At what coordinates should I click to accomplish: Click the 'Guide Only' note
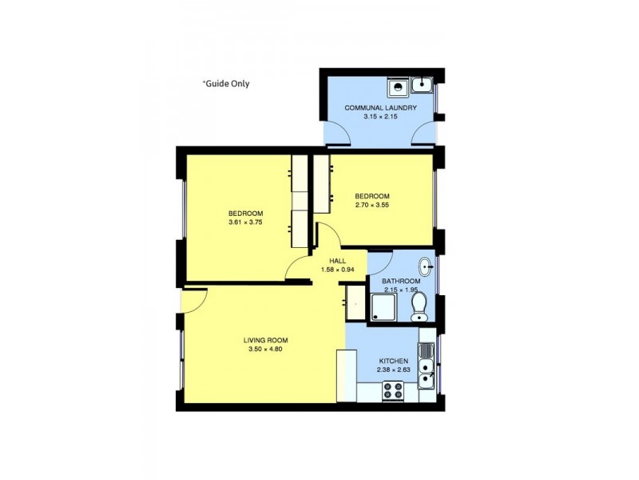[x=226, y=82]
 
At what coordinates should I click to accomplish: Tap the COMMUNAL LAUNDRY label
[x=380, y=107]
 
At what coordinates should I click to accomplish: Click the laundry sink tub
[x=423, y=84]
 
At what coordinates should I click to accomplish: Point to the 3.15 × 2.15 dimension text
[x=380, y=117]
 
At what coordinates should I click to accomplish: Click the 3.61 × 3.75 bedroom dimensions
[x=245, y=223]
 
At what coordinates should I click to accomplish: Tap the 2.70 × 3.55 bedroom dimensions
[x=372, y=206]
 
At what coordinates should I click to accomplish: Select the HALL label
[x=337, y=260]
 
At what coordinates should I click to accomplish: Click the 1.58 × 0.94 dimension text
[x=337, y=270]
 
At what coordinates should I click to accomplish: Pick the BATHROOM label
[x=400, y=282]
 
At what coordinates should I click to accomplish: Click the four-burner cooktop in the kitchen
[x=393, y=391]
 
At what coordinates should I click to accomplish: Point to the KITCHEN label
[x=392, y=361]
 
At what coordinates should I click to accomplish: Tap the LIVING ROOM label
[x=264, y=340]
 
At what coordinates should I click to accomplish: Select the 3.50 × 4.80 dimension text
[x=264, y=350]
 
